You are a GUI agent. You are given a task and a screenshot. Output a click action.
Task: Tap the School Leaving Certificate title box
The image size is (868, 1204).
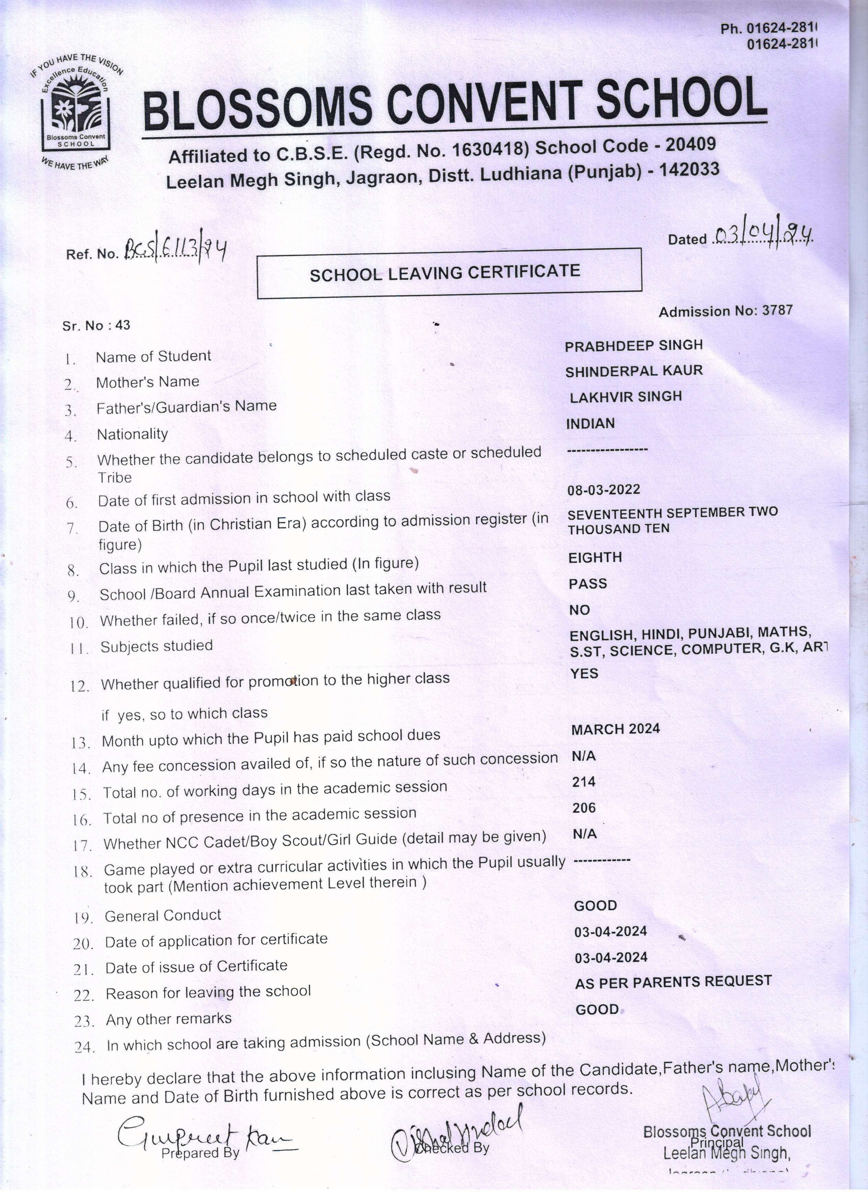(x=449, y=273)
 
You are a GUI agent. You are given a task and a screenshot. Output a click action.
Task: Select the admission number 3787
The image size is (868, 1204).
(x=777, y=310)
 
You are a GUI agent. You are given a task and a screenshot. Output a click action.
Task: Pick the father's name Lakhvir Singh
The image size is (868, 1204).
(x=625, y=397)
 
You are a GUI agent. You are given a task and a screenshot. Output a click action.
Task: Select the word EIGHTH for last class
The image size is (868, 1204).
(x=595, y=558)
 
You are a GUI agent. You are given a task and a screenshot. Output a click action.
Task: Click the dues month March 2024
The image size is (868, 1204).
(x=615, y=729)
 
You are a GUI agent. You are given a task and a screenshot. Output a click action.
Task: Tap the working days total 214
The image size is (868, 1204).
(x=583, y=781)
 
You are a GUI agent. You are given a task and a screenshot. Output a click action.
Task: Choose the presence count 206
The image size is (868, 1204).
(x=583, y=808)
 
